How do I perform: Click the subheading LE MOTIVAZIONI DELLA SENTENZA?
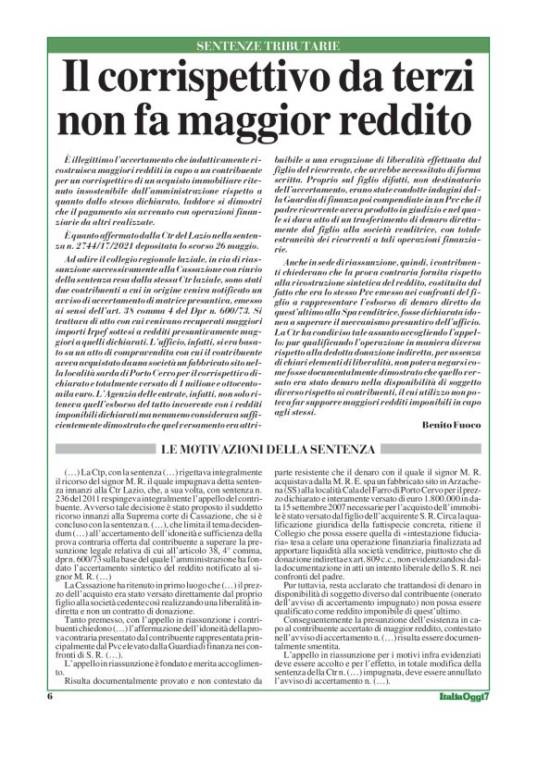pyautogui.click(x=268, y=449)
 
